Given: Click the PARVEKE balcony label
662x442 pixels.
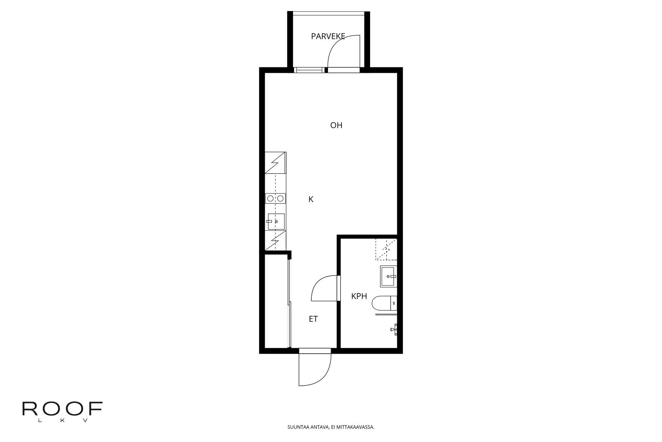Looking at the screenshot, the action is point(328,37).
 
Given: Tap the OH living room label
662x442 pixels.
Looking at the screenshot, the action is point(336,125).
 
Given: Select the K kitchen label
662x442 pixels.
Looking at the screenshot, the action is point(311,200).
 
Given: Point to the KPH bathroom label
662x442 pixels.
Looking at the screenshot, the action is point(359,296).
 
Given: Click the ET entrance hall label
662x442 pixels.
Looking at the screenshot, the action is point(313,319).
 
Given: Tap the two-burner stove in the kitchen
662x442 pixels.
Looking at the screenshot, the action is point(275,199).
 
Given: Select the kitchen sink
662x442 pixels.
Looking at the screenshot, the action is point(275,221).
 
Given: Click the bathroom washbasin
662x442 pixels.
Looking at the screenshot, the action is point(389,276).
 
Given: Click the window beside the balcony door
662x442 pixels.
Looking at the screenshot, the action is point(309,70).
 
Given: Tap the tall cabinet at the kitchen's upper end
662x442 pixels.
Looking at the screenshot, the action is point(275,163).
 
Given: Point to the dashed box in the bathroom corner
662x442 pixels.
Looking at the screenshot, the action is point(386,249).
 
